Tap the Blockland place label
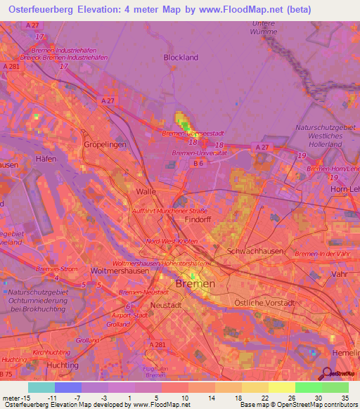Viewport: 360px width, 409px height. [181, 58]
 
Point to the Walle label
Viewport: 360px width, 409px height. [146, 191]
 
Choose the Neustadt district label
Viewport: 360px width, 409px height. [167, 306]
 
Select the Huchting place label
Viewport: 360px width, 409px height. [61, 365]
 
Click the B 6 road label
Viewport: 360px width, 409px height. [199, 163]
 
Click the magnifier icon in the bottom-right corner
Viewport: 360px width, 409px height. [327, 375]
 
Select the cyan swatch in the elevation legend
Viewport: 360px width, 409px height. [41, 387]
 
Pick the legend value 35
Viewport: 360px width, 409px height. [344, 397]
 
